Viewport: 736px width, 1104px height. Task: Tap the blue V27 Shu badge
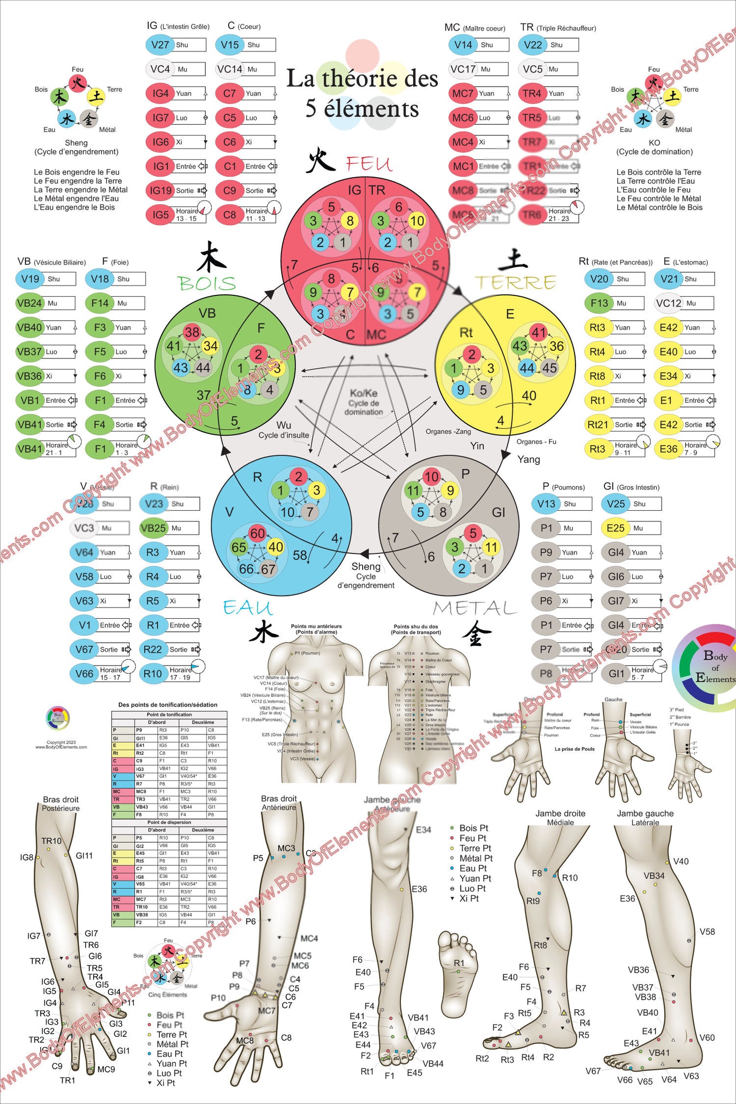(x=160, y=45)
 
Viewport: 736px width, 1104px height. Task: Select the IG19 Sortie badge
(x=161, y=190)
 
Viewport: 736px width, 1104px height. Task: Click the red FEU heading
(x=369, y=164)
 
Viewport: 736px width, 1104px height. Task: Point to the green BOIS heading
(x=207, y=283)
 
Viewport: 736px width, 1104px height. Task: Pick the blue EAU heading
(x=248, y=608)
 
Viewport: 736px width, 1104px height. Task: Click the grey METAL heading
(x=475, y=608)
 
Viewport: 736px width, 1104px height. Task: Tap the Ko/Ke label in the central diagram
(x=364, y=393)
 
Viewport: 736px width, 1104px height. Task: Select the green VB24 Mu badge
(x=29, y=303)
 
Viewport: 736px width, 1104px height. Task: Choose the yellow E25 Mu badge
(x=615, y=528)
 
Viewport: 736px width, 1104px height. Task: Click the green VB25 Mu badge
(x=153, y=528)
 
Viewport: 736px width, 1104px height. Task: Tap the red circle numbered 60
(x=257, y=533)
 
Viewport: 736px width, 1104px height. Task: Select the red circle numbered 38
(x=192, y=333)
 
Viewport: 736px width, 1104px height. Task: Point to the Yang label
(x=529, y=459)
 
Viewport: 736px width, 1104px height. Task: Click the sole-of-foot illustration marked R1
(x=458, y=973)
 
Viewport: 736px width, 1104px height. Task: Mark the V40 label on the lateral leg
(x=680, y=861)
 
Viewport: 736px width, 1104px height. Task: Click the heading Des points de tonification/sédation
(x=168, y=705)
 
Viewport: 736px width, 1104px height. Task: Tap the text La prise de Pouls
(x=575, y=749)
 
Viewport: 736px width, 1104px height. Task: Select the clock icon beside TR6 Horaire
(x=577, y=207)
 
